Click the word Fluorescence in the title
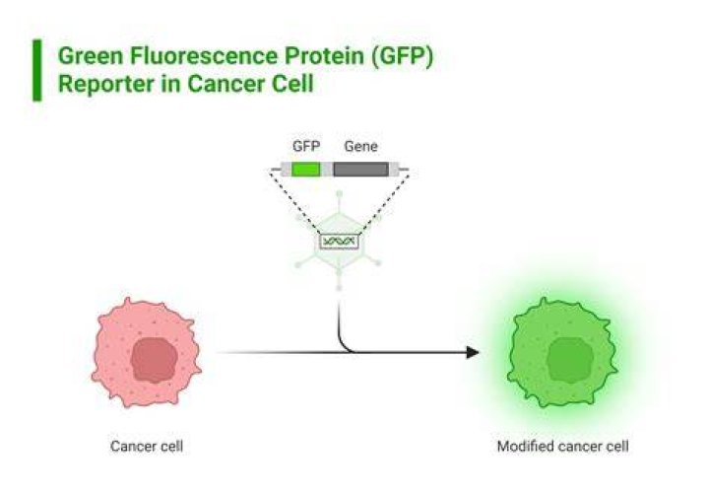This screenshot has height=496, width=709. pos(204,56)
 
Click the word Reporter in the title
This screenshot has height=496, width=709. pos(106,84)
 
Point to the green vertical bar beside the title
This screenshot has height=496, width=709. pos(37,70)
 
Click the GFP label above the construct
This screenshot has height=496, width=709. pos(306,146)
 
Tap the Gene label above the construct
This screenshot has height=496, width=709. pos(360,146)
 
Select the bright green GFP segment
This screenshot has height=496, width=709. pos(306,170)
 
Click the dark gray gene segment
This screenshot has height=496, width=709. pos(360,170)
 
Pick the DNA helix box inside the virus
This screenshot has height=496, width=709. pos(339,241)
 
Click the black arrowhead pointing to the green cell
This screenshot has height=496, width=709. pos(473,352)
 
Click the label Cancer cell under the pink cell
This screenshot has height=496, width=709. pos(147,446)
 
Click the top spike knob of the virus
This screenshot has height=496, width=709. pos(339,195)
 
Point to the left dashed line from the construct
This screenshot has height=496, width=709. pos(296,202)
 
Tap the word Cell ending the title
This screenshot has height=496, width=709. pos(293,84)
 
